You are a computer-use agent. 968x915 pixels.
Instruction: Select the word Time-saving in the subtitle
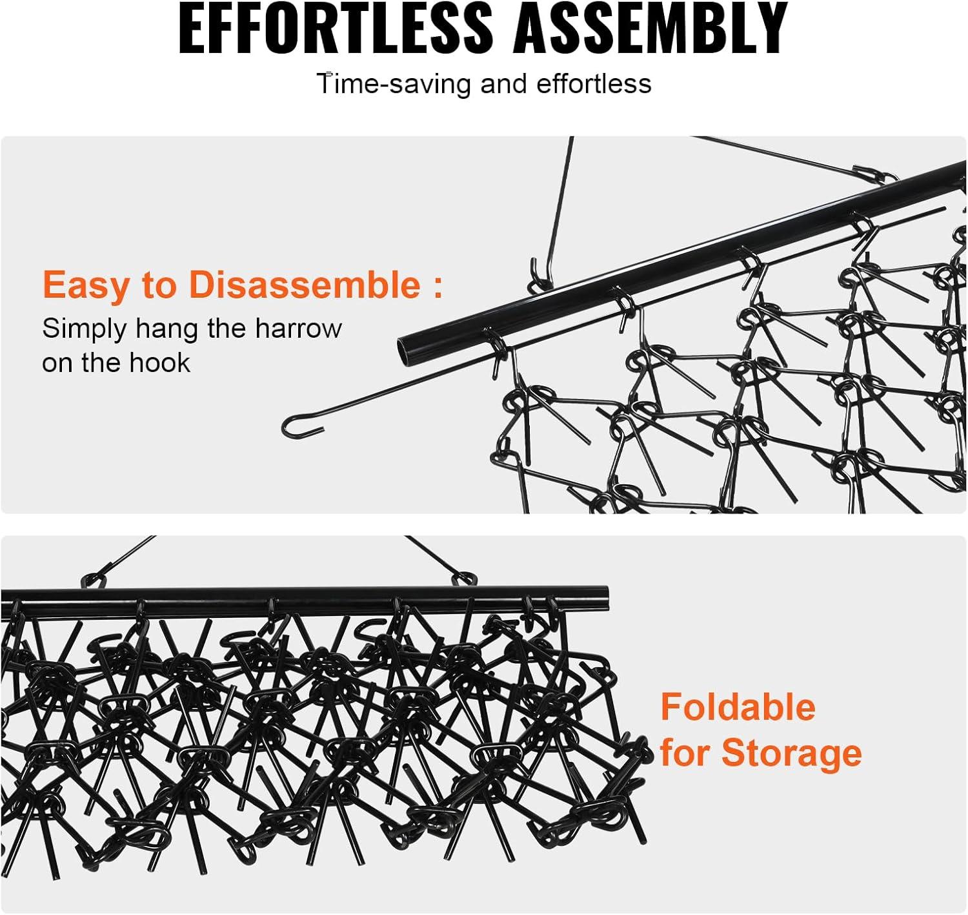click(x=394, y=84)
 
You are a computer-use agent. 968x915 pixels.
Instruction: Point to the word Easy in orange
click(x=88, y=285)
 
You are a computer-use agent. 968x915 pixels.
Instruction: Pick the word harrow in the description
click(x=298, y=328)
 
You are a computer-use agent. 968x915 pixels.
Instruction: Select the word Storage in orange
click(x=792, y=754)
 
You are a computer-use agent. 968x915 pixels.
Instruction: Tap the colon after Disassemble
click(x=437, y=285)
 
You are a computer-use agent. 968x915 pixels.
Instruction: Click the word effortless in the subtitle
click(x=594, y=84)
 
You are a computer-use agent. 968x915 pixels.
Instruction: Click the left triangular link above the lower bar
click(x=93, y=581)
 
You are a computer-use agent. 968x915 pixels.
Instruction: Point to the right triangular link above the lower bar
click(x=465, y=579)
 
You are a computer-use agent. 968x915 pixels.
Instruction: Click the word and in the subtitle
click(x=503, y=84)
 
